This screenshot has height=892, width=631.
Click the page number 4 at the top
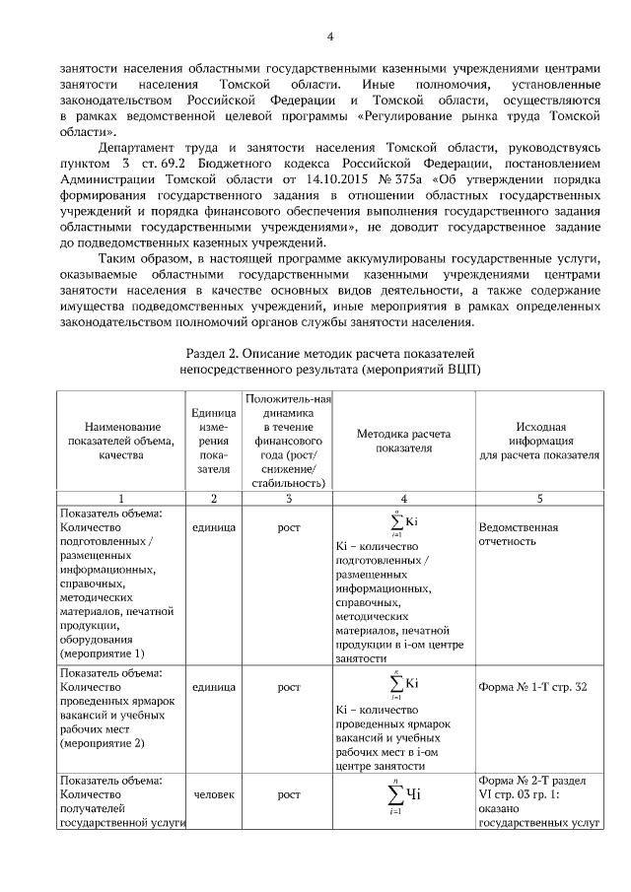[330, 37]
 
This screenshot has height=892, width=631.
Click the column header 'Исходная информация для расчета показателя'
[538, 441]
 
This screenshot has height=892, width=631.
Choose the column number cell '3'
[288, 499]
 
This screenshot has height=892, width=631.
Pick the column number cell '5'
[538, 499]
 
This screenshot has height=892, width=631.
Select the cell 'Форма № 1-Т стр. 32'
[531, 686]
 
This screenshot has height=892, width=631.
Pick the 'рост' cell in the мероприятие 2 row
[288, 686]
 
